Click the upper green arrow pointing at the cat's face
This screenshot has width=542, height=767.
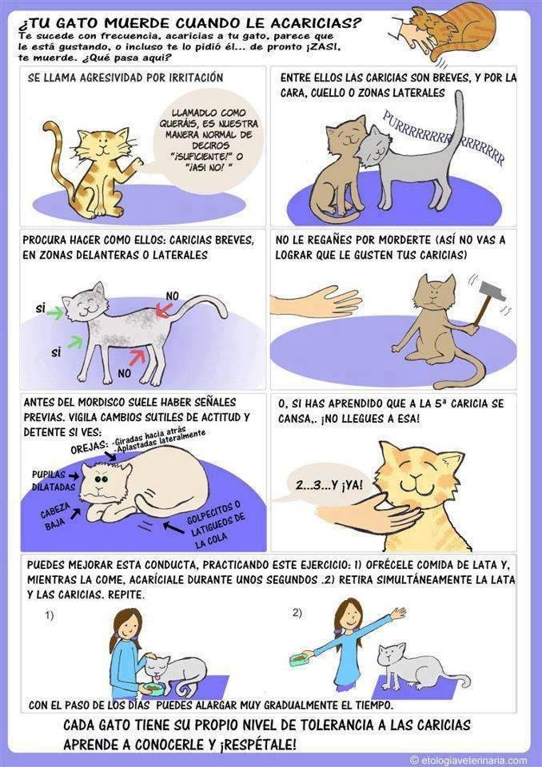(x=55, y=312)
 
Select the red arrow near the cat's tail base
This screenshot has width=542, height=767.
(x=164, y=308)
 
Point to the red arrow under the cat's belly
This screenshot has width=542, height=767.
(x=137, y=356)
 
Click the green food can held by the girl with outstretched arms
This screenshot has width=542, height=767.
(x=298, y=660)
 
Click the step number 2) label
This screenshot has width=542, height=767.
(x=297, y=613)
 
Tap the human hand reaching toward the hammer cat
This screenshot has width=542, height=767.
(x=317, y=301)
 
